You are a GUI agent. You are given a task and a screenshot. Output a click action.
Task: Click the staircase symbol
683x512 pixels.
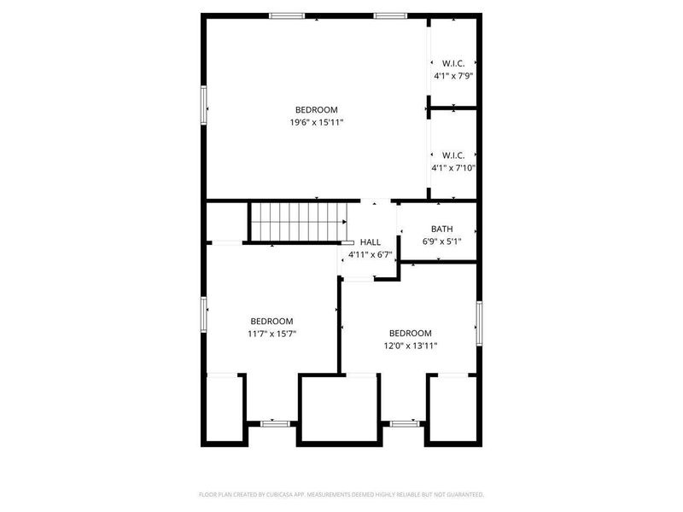point(299,222)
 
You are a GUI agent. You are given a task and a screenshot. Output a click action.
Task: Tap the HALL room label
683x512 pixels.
point(370,242)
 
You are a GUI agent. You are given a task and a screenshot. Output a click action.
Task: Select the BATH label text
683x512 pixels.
point(441,229)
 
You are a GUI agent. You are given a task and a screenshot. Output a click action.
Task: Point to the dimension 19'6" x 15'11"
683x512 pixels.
point(317,123)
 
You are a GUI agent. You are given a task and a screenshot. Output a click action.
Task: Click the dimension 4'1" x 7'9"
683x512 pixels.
point(452,76)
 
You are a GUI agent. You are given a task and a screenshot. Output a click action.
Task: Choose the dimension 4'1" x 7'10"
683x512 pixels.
point(452,168)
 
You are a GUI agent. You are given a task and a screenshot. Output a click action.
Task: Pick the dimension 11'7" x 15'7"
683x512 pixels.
point(271,334)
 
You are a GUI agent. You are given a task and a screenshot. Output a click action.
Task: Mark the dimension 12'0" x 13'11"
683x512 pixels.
point(410,346)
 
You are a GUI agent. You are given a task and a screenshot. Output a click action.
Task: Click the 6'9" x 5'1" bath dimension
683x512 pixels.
point(441,241)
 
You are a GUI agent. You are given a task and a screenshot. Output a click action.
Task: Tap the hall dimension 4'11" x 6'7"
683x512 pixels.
point(370,255)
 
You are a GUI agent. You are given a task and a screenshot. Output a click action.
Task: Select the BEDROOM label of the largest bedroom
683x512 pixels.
point(317,109)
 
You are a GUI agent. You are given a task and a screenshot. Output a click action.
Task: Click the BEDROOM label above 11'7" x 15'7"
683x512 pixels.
point(271,321)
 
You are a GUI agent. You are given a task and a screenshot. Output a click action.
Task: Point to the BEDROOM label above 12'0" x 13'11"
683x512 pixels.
point(410,333)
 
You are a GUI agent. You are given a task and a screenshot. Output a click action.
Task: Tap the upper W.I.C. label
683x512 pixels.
point(452,63)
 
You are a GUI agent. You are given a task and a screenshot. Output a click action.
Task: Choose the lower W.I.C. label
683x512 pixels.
point(452,155)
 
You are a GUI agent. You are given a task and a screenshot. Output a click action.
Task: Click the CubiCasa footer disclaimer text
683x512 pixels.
point(341,493)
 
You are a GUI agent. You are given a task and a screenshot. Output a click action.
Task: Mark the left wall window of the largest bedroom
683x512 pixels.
point(203,104)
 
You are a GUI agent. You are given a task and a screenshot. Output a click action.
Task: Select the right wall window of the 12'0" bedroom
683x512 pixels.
point(479,318)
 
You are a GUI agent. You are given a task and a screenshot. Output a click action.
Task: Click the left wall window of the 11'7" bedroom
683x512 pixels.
point(203,314)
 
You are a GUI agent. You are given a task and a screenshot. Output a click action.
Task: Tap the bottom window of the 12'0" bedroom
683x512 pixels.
point(405,422)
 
